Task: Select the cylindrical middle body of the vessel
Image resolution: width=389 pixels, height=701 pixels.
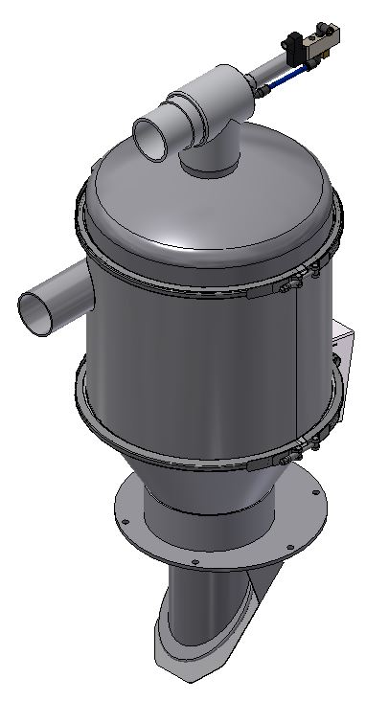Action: click(192, 354)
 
